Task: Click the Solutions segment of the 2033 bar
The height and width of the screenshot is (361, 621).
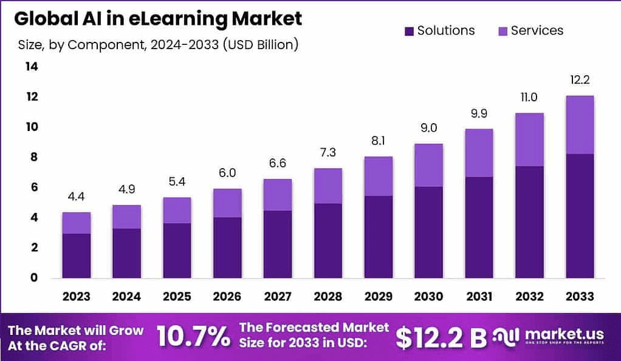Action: click(580, 215)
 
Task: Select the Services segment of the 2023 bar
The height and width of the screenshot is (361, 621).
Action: click(76, 223)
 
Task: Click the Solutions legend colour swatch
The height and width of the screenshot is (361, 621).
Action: click(408, 31)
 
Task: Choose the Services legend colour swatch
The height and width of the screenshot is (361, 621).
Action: click(502, 31)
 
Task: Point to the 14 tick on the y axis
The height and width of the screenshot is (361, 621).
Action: click(32, 67)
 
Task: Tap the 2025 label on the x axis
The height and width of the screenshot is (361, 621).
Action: click(177, 297)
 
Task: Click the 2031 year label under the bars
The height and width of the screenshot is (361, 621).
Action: click(479, 297)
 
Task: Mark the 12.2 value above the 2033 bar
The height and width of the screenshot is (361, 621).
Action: click(580, 80)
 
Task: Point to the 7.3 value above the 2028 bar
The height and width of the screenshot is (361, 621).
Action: click(328, 152)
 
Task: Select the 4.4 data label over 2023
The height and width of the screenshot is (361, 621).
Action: click(76, 197)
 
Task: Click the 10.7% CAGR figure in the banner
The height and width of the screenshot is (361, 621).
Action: click(193, 336)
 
